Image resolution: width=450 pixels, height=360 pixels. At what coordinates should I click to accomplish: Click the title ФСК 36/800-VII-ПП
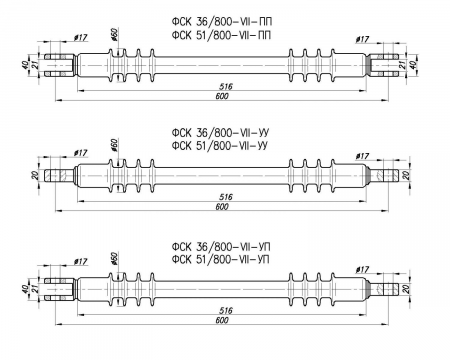(222, 22)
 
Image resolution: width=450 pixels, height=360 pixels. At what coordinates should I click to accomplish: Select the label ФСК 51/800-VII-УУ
(220, 146)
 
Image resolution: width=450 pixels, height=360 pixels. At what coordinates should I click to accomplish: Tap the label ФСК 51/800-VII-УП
(221, 259)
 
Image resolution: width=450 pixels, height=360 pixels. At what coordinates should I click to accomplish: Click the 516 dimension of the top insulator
(226, 87)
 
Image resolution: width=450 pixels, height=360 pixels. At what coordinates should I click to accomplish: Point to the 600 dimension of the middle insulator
(222, 207)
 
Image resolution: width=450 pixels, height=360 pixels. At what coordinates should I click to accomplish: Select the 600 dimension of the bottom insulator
(222, 320)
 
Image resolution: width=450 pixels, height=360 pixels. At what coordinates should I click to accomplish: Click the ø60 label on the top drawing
(115, 35)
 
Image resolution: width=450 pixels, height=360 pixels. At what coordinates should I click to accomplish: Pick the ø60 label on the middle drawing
(115, 146)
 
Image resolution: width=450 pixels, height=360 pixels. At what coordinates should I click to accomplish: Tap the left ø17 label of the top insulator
(80, 38)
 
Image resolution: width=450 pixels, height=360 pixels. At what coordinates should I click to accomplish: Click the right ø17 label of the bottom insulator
(362, 269)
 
